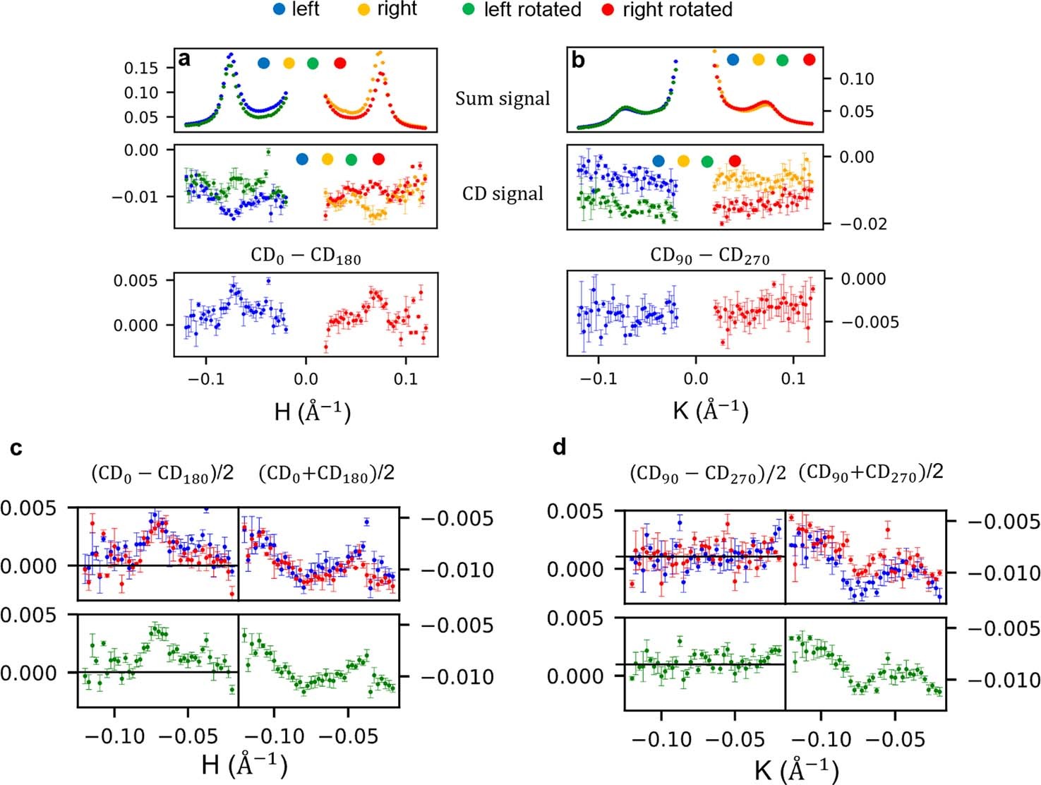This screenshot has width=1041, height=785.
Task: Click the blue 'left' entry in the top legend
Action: (296, 9)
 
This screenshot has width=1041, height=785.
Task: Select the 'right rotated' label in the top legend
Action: (677, 10)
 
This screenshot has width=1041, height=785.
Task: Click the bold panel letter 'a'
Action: (184, 59)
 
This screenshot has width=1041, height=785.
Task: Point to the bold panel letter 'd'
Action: (559, 448)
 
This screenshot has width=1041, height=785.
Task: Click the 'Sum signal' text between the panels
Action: (502, 99)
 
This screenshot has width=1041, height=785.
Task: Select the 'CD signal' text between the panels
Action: (503, 194)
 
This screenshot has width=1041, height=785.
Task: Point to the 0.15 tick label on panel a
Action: (141, 68)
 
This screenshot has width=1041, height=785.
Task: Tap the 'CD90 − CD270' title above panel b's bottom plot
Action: (709, 256)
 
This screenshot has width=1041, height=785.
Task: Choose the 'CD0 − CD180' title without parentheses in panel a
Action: (306, 255)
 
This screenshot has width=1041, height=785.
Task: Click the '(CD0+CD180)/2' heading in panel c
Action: (326, 474)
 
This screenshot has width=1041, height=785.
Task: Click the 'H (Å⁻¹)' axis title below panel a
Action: (312, 411)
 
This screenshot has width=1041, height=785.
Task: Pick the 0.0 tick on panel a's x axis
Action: (306, 379)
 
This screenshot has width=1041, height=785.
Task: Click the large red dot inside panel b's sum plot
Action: (809, 60)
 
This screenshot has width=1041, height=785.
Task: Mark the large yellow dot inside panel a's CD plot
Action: (327, 160)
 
